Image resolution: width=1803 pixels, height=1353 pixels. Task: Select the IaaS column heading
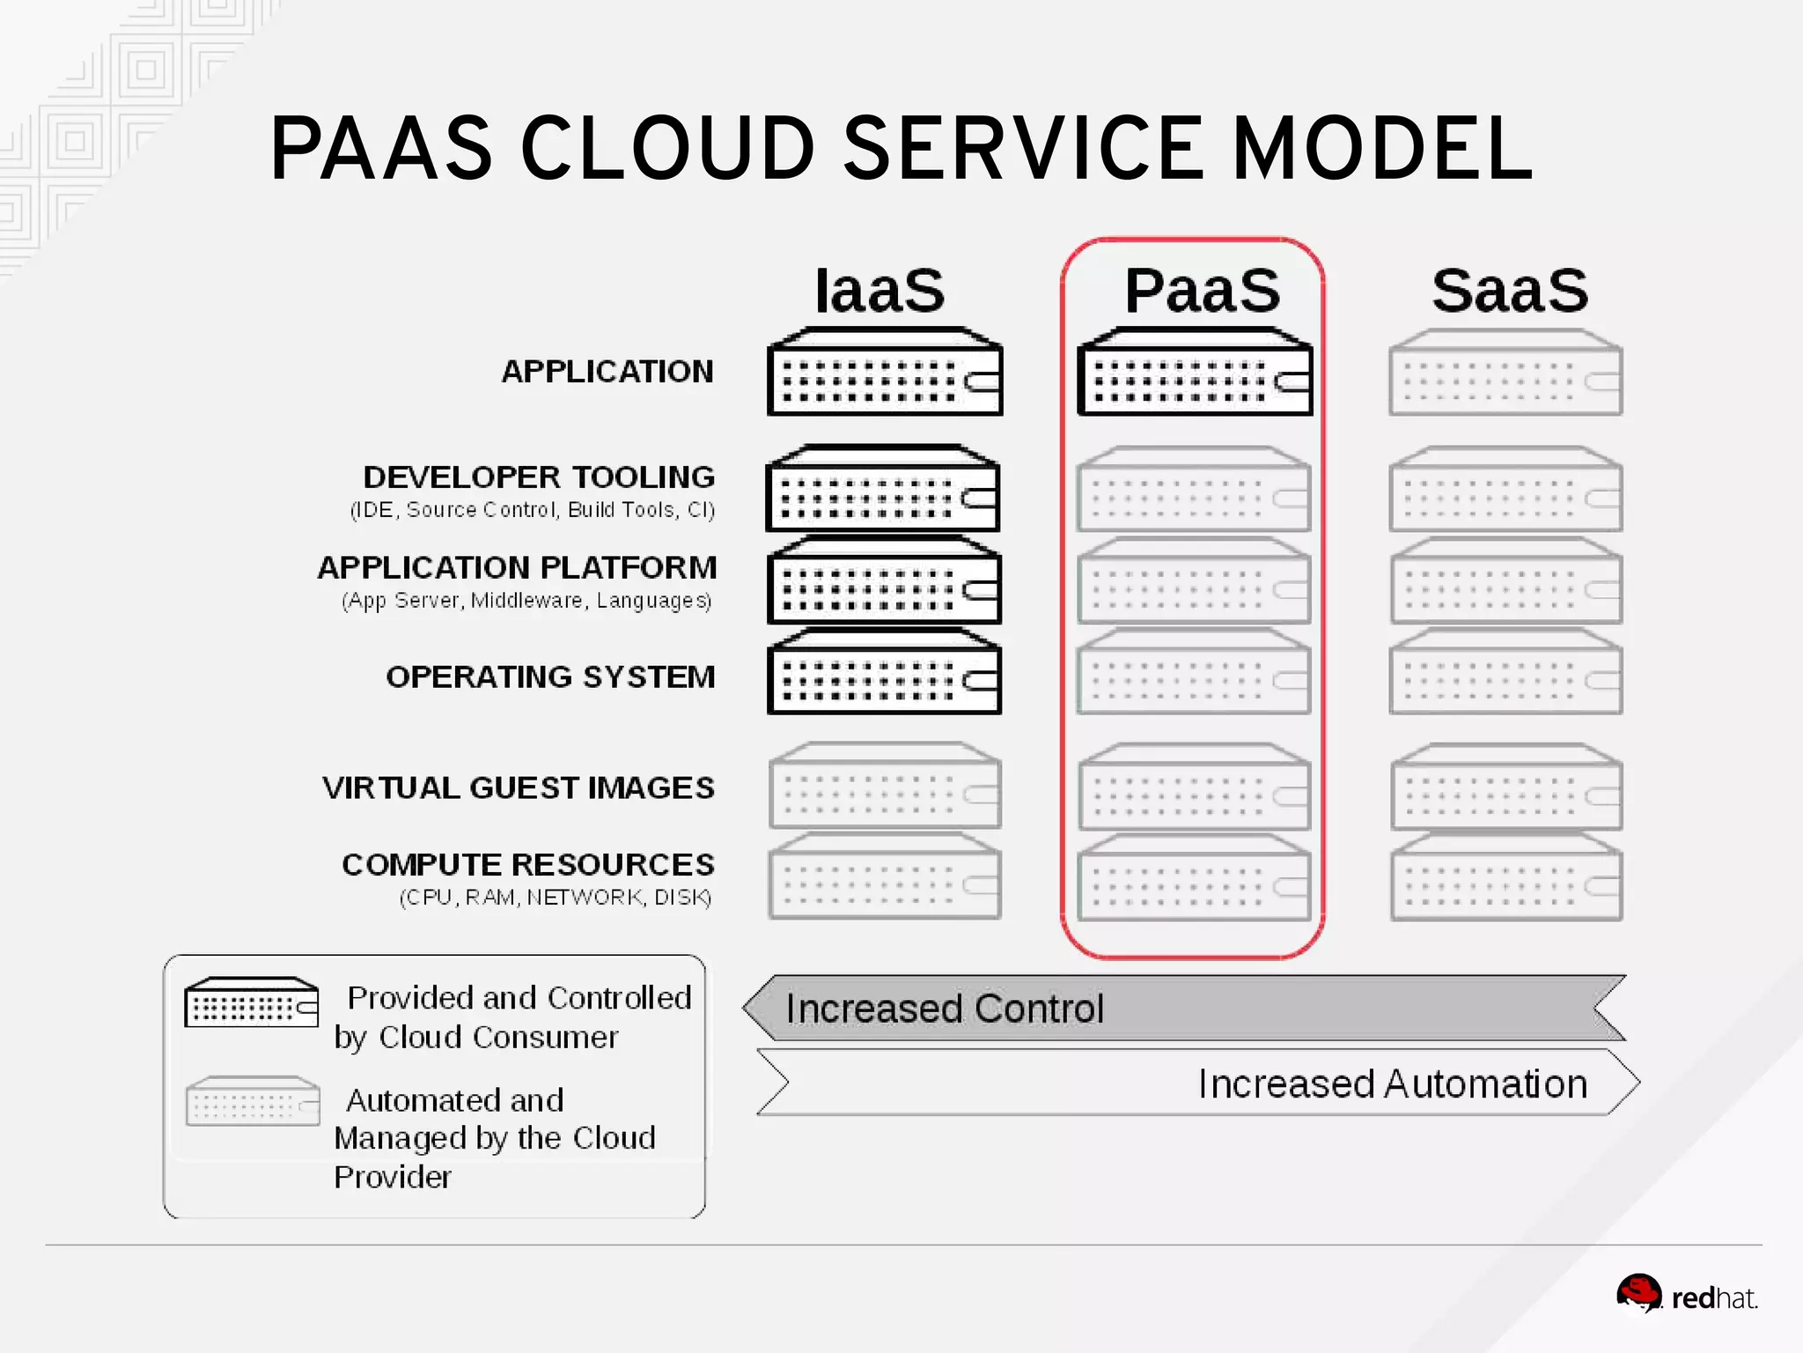pos(879,291)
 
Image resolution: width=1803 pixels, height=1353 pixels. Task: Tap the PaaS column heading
pos(1202,291)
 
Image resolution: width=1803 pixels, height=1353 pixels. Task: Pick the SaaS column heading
pos(1510,291)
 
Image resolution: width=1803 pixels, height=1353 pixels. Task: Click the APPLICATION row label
pos(607,372)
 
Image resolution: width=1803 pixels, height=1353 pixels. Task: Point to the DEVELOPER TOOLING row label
pos(539,477)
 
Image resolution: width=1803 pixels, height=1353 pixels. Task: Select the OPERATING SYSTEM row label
pos(550,677)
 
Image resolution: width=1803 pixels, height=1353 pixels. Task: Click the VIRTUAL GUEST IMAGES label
pos(519,787)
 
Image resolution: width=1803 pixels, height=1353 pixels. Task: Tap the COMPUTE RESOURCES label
pos(528,865)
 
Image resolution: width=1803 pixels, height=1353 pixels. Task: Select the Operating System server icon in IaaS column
pos(884,672)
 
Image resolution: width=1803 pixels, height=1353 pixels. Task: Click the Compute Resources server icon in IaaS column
pos(884,877)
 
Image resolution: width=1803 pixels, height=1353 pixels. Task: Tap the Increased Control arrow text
pos(944,1009)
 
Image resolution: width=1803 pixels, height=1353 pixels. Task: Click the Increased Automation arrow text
pos(1393,1084)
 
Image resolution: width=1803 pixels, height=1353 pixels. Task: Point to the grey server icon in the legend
pos(253,1101)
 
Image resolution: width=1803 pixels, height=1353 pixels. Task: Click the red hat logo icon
pos(1638,1294)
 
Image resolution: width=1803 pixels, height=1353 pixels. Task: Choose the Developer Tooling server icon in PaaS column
pos(1194,491)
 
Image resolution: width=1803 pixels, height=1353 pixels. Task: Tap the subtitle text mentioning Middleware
pos(526,601)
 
